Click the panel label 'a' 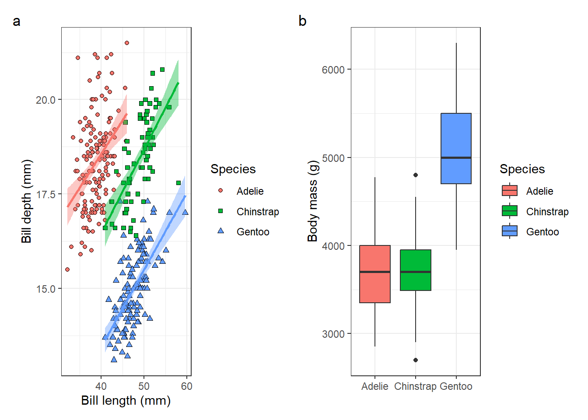[x=17, y=21]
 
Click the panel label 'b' [x=302, y=21]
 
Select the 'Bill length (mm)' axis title [x=126, y=400]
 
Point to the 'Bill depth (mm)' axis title [x=26, y=201]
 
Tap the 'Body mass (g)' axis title [x=312, y=201]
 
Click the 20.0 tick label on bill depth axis [x=45, y=100]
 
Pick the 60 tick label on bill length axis [x=186, y=386]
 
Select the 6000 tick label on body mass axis [x=333, y=70]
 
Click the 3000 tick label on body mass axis [x=333, y=334]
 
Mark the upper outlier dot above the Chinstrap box [x=416, y=175]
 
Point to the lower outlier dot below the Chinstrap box [x=416, y=360]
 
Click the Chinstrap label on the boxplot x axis [x=415, y=386]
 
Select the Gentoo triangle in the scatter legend [x=221, y=231]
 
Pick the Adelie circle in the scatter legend [x=220, y=190]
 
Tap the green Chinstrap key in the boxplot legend [x=510, y=211]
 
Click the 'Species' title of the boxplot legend [x=522, y=169]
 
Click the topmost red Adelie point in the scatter [x=127, y=43]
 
